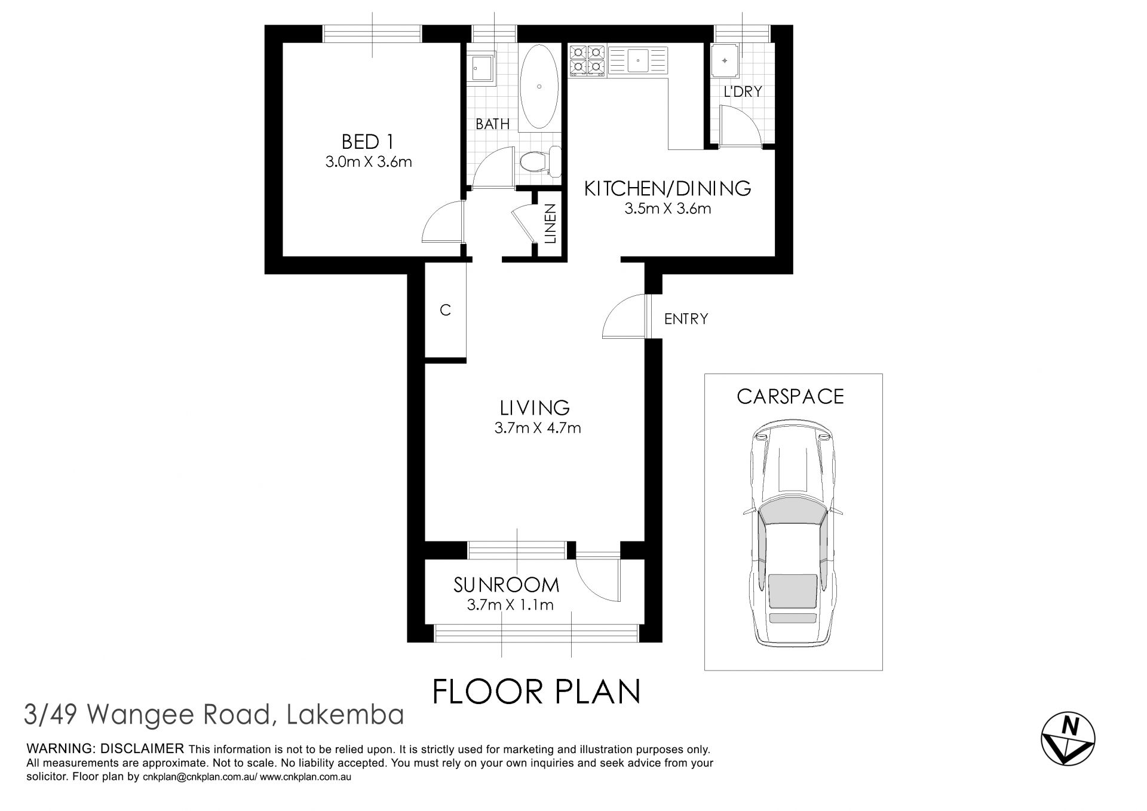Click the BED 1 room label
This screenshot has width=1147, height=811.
click(367, 142)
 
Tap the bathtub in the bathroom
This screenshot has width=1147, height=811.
click(539, 87)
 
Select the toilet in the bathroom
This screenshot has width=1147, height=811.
click(539, 161)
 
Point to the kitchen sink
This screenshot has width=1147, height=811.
click(639, 60)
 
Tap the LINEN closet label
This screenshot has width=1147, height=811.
click(550, 224)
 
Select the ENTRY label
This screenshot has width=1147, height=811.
click(686, 319)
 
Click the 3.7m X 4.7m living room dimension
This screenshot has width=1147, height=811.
click(538, 428)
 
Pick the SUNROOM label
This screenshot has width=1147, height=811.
click(507, 584)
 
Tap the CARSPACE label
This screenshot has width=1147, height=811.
click(790, 396)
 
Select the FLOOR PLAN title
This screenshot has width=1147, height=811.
click(536, 691)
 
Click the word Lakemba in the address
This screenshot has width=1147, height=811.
click(345, 715)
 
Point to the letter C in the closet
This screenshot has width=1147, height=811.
click(445, 310)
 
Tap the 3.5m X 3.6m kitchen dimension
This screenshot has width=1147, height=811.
click(667, 209)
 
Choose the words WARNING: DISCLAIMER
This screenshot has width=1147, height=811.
click(105, 749)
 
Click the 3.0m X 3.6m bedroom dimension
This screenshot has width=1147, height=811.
click(369, 161)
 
